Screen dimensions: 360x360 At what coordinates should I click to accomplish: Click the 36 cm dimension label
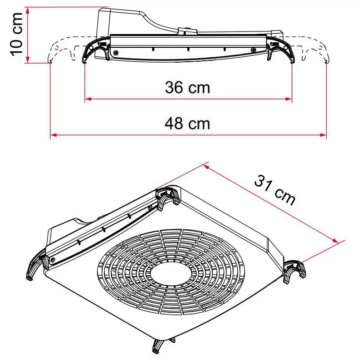(187, 87)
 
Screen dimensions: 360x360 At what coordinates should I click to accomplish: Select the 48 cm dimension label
(187, 122)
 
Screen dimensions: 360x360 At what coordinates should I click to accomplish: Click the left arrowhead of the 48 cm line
(53, 134)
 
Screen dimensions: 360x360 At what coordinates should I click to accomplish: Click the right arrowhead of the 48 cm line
(324, 134)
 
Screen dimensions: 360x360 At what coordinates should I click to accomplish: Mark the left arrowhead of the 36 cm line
(88, 99)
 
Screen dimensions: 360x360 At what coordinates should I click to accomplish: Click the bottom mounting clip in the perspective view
(159, 346)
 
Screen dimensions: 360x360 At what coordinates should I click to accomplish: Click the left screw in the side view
(116, 53)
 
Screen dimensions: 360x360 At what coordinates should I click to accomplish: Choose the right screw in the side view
(253, 50)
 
